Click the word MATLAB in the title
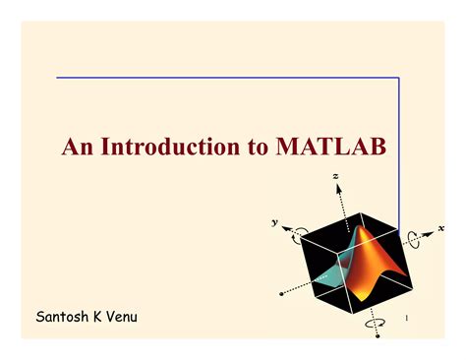pyautogui.click(x=331, y=147)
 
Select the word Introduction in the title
pyautogui.click(x=170, y=147)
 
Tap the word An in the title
pyautogui.click(x=78, y=147)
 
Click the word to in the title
pyautogui.click(x=259, y=148)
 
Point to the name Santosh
pyautogui.click(x=62, y=317)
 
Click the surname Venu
pyautogui.click(x=122, y=317)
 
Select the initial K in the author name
pyautogui.click(x=97, y=317)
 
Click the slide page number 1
pyautogui.click(x=407, y=318)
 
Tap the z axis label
pyautogui.click(x=335, y=176)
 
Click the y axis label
pyautogui.click(x=274, y=222)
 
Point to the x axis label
pyautogui.click(x=441, y=228)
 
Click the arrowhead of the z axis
pyautogui.click(x=338, y=188)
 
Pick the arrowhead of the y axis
pyautogui.click(x=286, y=228)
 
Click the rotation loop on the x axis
pyautogui.click(x=413, y=239)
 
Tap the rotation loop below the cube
pyautogui.click(x=375, y=324)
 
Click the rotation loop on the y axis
pyautogui.click(x=297, y=237)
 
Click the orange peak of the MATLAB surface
pyautogui.click(x=361, y=229)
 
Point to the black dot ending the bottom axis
pyautogui.click(x=378, y=336)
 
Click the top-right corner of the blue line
pyautogui.click(x=399, y=78)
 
